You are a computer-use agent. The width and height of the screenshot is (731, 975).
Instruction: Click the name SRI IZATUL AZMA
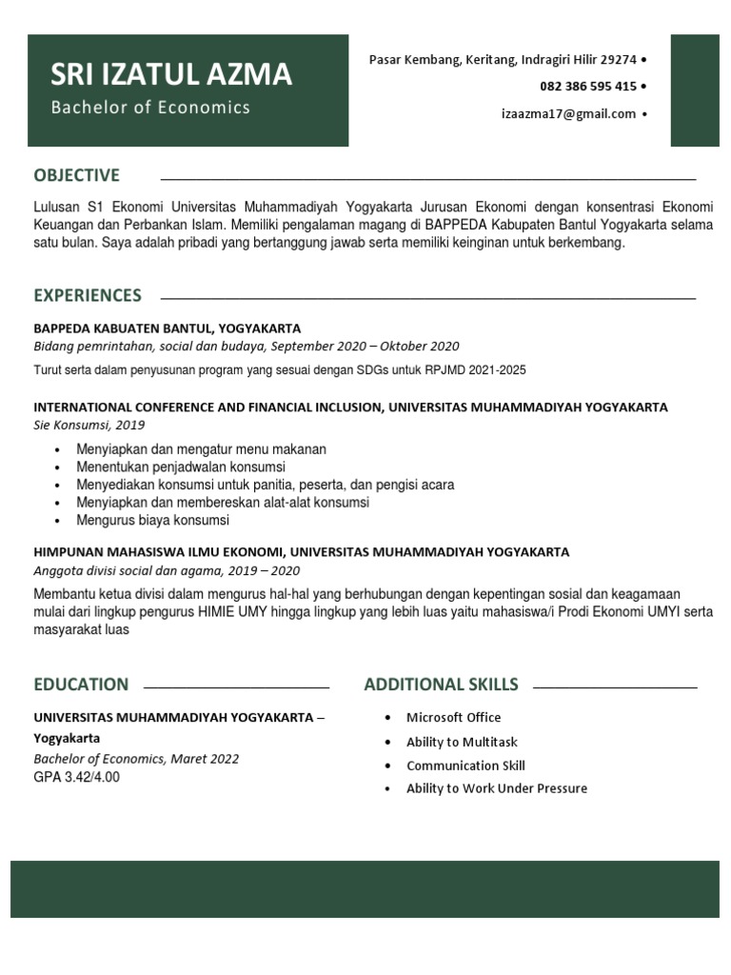pyautogui.click(x=171, y=74)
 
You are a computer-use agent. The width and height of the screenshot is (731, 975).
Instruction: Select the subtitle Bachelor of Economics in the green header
pyautogui.click(x=150, y=108)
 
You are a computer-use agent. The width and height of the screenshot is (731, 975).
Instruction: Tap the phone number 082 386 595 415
pyautogui.click(x=588, y=87)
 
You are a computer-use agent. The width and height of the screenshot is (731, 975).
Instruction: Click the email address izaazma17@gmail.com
pyautogui.click(x=568, y=114)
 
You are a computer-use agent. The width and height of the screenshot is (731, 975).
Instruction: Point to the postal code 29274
pyautogui.click(x=619, y=60)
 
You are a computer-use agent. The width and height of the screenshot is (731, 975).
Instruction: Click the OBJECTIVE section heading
pyautogui.click(x=76, y=175)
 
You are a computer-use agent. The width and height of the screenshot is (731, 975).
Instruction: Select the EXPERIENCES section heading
pyautogui.click(x=87, y=295)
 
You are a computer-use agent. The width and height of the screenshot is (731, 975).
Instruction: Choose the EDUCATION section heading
pyautogui.click(x=81, y=685)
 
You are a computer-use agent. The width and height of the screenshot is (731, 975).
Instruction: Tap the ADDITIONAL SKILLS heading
pyautogui.click(x=441, y=685)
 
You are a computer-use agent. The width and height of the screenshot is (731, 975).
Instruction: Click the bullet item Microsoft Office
pyautogui.click(x=453, y=718)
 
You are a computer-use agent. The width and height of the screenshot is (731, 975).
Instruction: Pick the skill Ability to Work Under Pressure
pyautogui.click(x=496, y=788)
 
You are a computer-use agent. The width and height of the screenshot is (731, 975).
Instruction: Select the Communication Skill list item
pyautogui.click(x=465, y=766)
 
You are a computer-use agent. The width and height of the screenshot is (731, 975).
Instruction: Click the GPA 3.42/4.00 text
pyautogui.click(x=77, y=777)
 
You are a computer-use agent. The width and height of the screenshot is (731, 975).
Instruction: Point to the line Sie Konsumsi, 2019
pyautogui.click(x=89, y=425)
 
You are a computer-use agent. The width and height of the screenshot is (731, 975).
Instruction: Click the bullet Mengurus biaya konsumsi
pyautogui.click(x=152, y=521)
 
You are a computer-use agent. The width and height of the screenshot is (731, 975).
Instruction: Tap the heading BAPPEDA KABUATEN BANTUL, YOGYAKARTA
pyautogui.click(x=168, y=328)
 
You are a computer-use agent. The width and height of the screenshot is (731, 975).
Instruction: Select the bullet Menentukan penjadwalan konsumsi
pyautogui.click(x=181, y=467)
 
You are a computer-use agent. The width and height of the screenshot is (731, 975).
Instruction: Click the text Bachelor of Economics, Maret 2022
pyautogui.click(x=136, y=759)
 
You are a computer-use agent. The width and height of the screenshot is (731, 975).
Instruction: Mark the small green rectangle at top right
pyautogui.click(x=695, y=90)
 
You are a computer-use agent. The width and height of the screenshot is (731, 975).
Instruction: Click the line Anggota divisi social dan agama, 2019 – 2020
pyautogui.click(x=167, y=570)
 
